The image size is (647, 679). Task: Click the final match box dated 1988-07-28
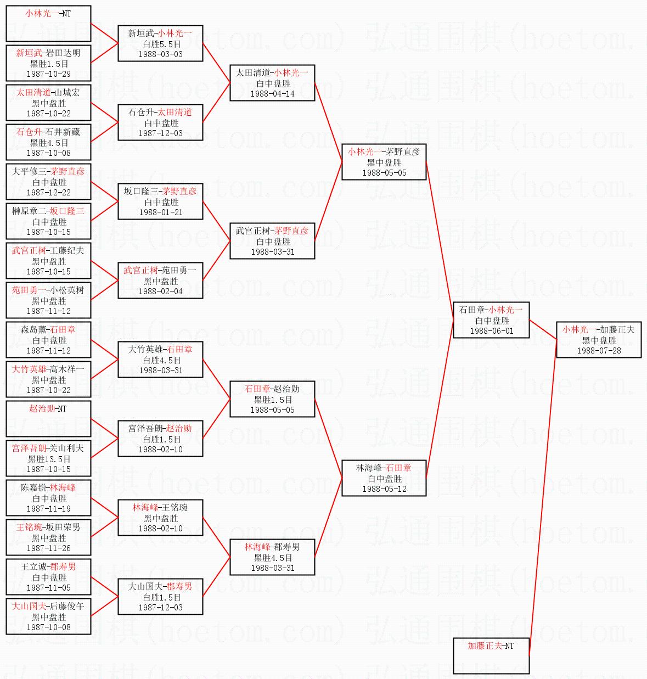point(599,340)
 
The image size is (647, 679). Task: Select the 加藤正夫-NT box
point(491,655)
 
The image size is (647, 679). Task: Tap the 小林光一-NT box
point(48,23)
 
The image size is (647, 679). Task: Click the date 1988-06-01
point(491,331)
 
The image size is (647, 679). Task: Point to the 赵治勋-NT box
point(48,418)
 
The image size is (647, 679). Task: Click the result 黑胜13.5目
point(49,459)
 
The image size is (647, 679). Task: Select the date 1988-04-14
point(272,93)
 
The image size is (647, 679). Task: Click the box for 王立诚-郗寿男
point(48,576)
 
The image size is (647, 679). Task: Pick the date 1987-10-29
point(49,74)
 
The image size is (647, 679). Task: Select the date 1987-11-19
point(49,508)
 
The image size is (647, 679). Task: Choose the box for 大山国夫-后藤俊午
point(48,616)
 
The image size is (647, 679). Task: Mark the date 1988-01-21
point(160,212)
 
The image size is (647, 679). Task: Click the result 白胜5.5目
point(161,44)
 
